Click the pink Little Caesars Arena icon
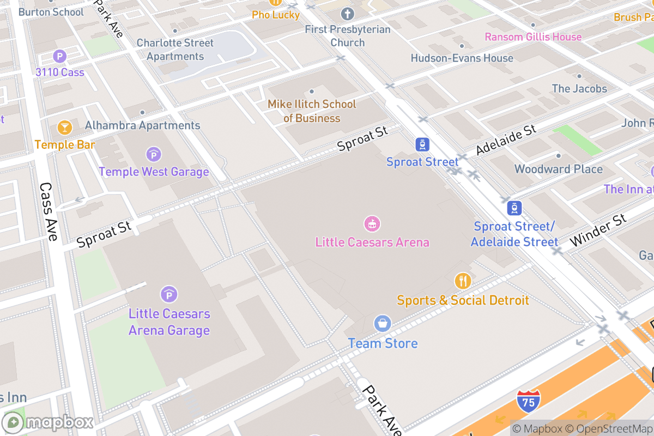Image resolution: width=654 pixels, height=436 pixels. (x=372, y=223)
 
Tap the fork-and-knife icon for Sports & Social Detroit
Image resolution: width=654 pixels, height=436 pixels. (x=463, y=281)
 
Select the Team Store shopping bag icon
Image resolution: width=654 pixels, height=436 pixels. (x=383, y=323)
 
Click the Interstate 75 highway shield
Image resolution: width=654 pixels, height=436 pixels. (x=529, y=400)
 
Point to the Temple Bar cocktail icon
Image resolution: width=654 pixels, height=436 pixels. (x=65, y=128)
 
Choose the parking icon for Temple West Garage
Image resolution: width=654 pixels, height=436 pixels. (x=154, y=154)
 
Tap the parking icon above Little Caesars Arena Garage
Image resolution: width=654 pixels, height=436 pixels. (x=169, y=295)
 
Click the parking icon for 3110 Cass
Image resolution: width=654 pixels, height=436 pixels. (x=59, y=56)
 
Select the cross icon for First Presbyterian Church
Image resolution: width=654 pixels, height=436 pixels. (x=347, y=14)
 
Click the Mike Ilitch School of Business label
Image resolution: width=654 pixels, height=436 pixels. (x=312, y=111)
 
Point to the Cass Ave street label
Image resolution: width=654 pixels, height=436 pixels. (x=49, y=211)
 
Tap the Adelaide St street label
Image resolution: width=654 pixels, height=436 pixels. (x=506, y=140)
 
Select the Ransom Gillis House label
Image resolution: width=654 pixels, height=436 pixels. (x=533, y=37)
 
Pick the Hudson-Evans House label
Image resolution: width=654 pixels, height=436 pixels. (x=462, y=58)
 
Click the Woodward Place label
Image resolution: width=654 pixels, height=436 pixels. (x=559, y=169)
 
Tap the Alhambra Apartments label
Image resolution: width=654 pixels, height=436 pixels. (x=143, y=125)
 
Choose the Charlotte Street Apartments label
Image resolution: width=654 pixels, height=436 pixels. (x=175, y=50)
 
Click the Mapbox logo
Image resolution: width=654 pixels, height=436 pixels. (x=48, y=422)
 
